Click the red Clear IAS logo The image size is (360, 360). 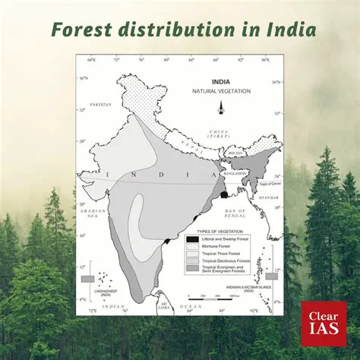[322, 320]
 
